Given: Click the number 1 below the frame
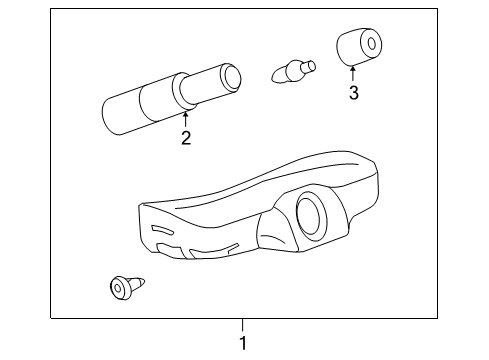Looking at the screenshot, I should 241,343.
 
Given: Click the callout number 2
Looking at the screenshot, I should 186,139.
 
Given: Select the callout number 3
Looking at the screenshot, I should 352,95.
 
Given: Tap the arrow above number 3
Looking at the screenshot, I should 352,72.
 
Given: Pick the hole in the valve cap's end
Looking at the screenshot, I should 372,42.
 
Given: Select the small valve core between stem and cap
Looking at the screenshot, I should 293,71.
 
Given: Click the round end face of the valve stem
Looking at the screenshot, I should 232,75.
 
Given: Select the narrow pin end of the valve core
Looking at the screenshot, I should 308,68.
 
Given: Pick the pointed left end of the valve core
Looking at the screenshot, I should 275,74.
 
